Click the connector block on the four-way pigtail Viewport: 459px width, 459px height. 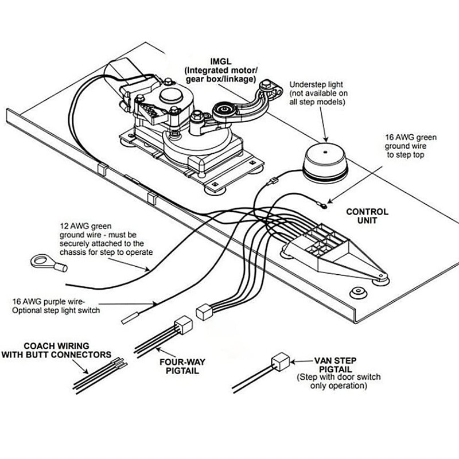point(183,325)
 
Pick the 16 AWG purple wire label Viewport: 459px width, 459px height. point(55,305)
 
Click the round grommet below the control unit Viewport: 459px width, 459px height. point(358,291)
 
